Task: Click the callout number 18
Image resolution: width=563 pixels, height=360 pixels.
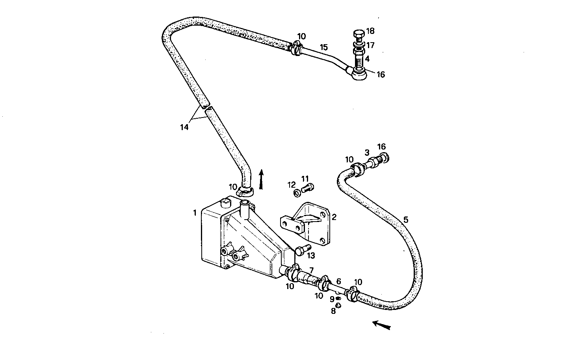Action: (x=370, y=31)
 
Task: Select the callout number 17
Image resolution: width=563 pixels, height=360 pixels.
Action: (x=370, y=45)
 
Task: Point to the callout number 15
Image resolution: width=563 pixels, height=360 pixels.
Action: (x=323, y=47)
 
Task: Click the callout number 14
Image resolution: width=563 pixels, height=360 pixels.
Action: (x=184, y=127)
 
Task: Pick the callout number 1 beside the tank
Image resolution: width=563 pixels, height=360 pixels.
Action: (x=195, y=213)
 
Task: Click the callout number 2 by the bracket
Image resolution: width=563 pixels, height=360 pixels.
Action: (x=334, y=216)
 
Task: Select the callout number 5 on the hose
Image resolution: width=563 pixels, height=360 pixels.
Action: (x=406, y=220)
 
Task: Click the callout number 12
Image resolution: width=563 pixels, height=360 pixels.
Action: (x=291, y=185)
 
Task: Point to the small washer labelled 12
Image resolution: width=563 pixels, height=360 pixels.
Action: (x=296, y=193)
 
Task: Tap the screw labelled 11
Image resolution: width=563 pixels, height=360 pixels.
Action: (x=307, y=188)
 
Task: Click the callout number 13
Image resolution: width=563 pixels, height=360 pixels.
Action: (x=311, y=256)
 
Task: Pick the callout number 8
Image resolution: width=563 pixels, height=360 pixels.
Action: (x=333, y=311)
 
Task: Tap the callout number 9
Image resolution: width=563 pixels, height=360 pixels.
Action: (x=332, y=299)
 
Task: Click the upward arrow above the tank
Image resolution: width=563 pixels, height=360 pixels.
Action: (x=260, y=179)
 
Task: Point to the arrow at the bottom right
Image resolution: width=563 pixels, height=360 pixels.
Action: (x=381, y=325)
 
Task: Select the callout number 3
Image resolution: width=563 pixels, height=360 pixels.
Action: (x=366, y=152)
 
